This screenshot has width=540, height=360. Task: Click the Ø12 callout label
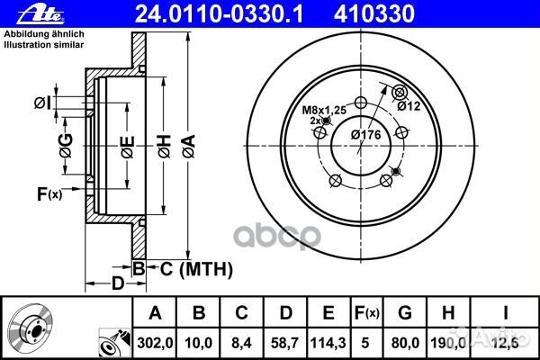pos(410,106)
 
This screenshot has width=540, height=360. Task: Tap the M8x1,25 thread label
pos(322,110)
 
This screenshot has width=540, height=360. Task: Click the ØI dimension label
pos(41,102)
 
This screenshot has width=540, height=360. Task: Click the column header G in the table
pos(405,312)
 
